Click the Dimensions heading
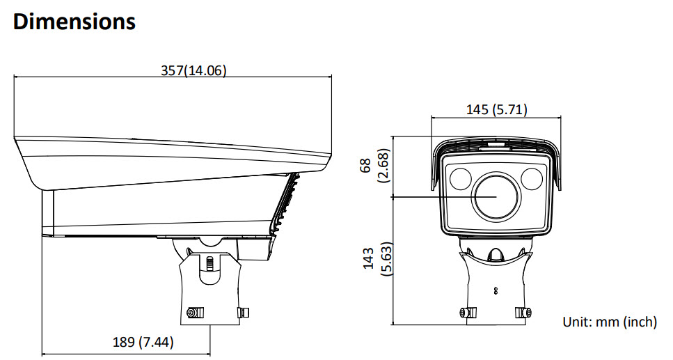tap(74, 22)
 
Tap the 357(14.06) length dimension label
tap(193, 70)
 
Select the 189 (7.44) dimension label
tap(143, 342)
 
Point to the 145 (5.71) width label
tap(497, 109)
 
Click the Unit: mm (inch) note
tap(610, 322)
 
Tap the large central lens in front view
tap(496, 196)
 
